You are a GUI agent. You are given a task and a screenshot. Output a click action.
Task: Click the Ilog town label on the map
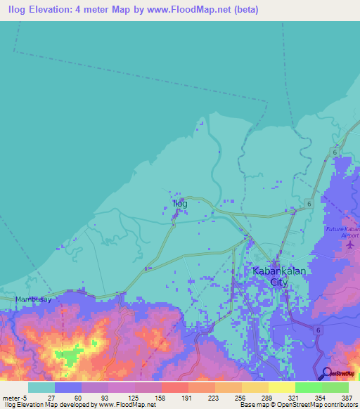click(180, 203)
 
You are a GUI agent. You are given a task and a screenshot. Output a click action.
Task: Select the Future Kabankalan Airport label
click(342, 233)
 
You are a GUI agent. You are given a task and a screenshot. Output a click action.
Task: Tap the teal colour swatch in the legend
click(41, 387)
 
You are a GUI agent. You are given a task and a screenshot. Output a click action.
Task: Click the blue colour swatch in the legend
click(67, 387)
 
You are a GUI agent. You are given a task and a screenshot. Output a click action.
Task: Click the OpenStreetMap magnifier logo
click(326, 373)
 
